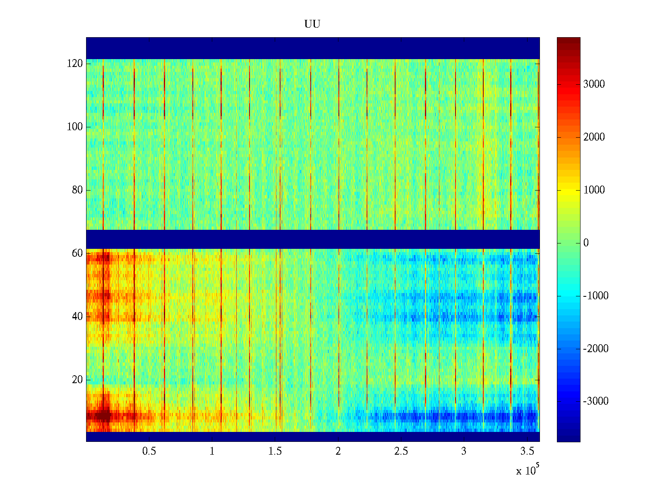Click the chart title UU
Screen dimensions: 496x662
click(x=312, y=24)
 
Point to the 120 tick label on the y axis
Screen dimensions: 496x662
click(x=74, y=64)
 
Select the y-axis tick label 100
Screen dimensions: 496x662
click(x=74, y=127)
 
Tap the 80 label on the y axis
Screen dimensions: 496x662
click(x=77, y=190)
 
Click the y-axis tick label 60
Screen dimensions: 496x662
click(x=77, y=253)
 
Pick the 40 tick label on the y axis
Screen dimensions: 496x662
click(x=77, y=317)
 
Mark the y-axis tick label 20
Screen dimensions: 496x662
click(x=77, y=380)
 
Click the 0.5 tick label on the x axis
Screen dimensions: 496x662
click(x=149, y=451)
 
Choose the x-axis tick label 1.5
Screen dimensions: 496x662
click(x=275, y=451)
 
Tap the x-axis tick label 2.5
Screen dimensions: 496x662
click(x=401, y=451)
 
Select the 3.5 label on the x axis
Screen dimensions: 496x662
click(x=527, y=451)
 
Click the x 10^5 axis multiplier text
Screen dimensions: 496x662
click(x=528, y=470)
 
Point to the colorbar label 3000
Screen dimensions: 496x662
click(x=594, y=84)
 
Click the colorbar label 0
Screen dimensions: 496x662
click(x=586, y=243)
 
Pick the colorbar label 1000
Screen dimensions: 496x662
click(x=594, y=190)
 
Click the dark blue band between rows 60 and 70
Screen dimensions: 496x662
click(x=313, y=239)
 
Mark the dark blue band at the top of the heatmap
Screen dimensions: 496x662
click(x=313, y=48)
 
